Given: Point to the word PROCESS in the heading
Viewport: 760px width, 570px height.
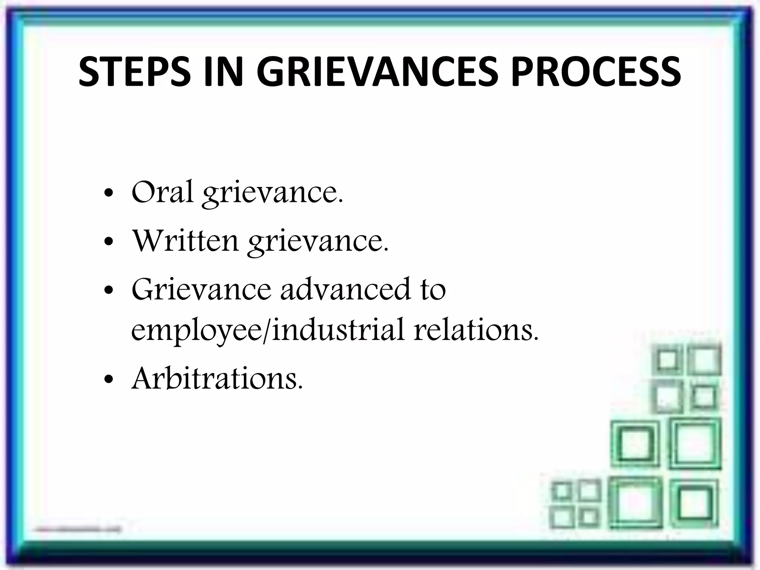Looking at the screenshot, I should coord(596,72).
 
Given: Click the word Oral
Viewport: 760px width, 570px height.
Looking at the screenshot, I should coord(162,192).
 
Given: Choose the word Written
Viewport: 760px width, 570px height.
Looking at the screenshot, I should coord(185,240).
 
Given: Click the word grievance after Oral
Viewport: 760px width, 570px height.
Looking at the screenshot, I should coord(272,194).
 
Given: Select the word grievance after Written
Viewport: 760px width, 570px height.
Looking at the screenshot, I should coord(318,242).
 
